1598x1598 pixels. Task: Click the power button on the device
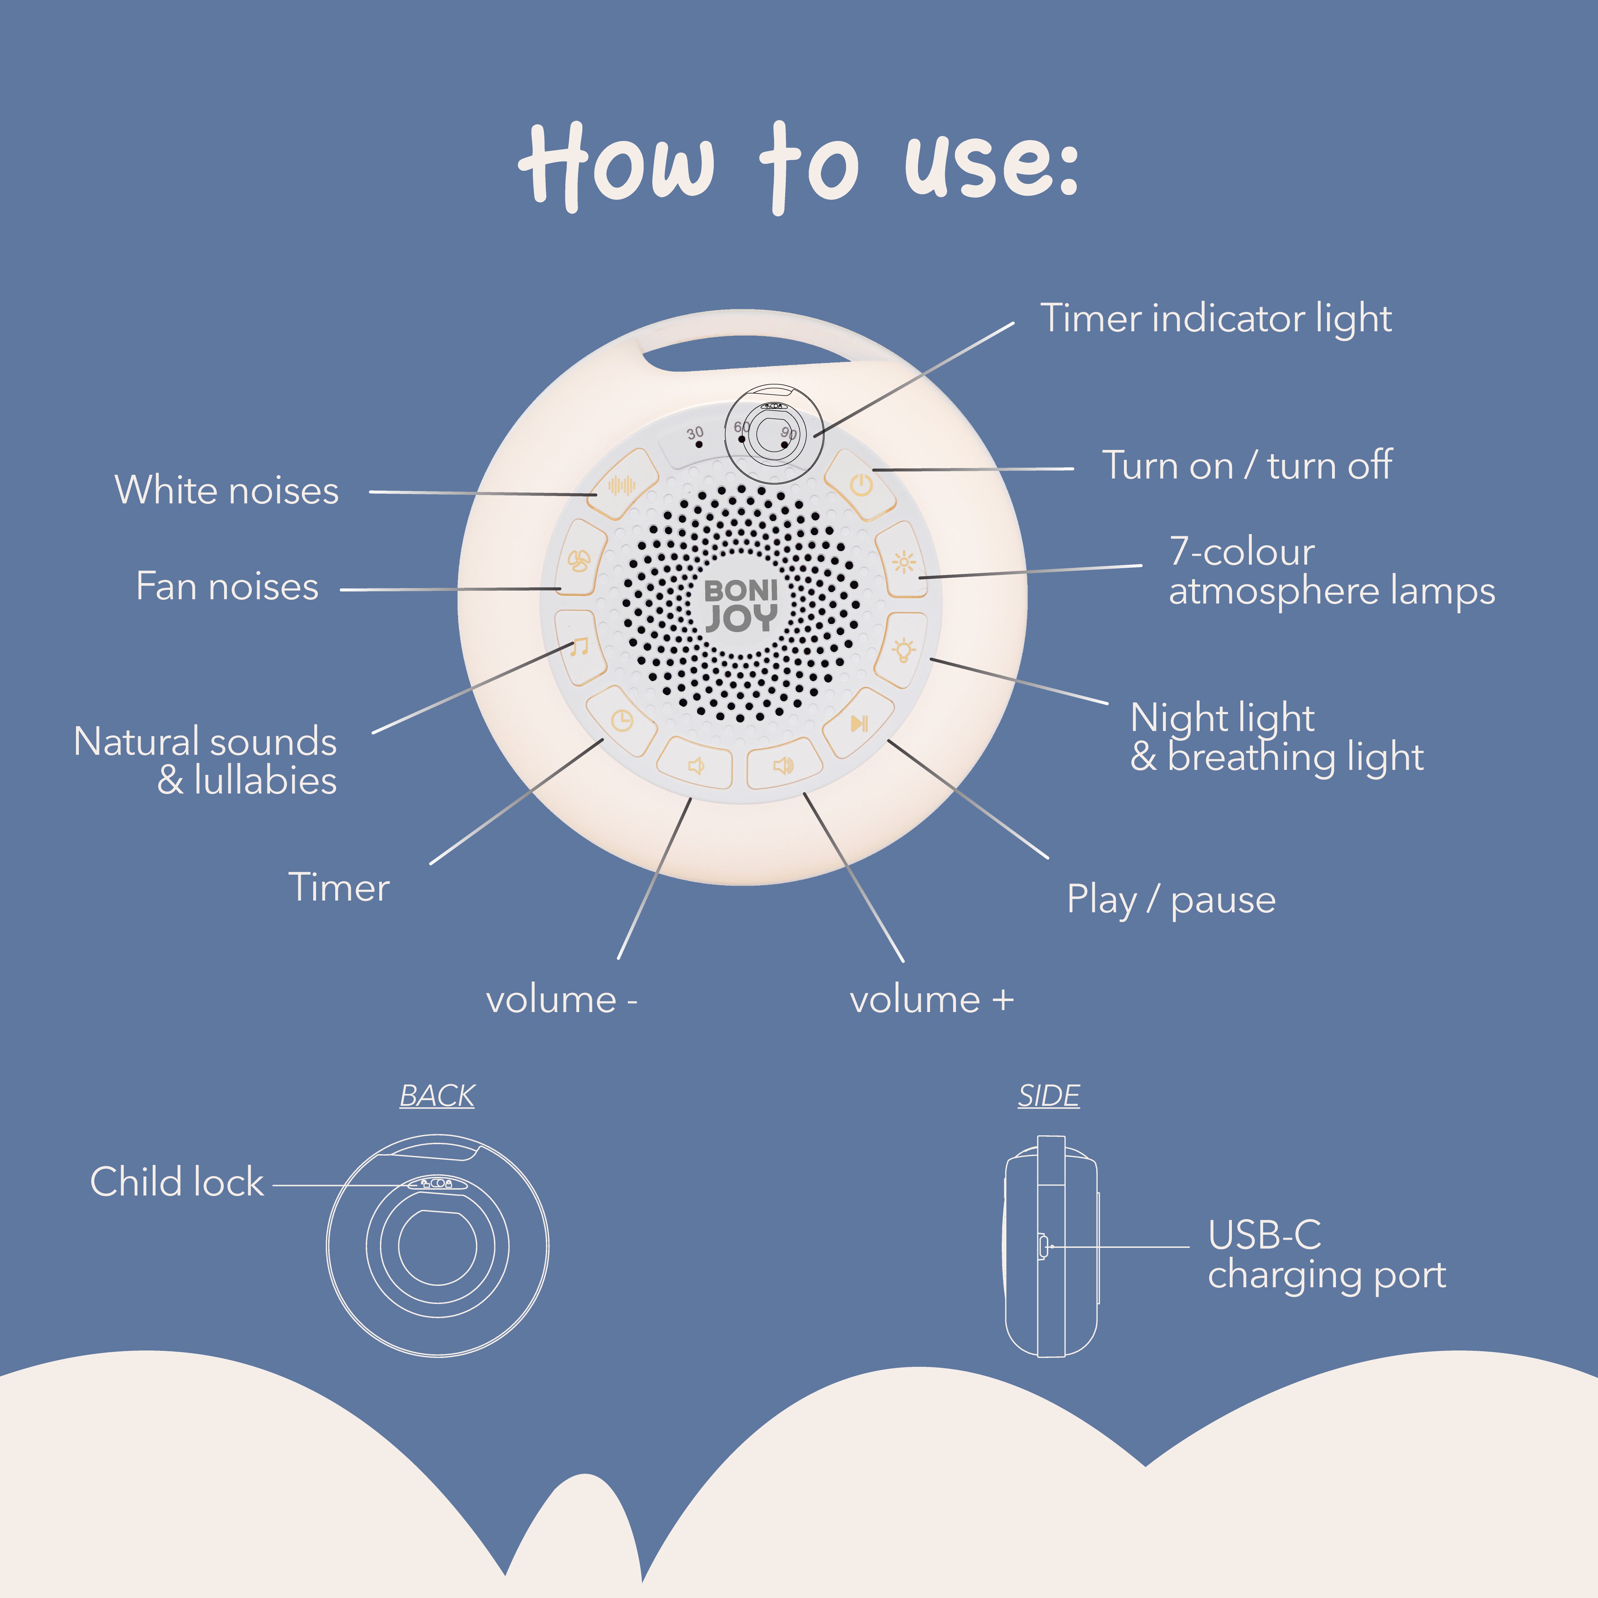tap(861, 484)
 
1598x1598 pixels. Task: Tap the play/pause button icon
tap(859, 724)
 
